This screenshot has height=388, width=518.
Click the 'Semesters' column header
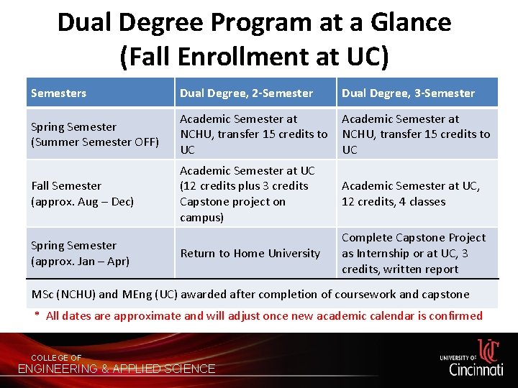58,93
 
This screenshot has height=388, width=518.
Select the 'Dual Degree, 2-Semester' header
246,93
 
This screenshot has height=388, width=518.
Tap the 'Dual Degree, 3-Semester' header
408,93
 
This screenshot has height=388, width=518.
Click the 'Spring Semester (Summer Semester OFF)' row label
95,134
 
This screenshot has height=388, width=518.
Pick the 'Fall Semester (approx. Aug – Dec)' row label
83,193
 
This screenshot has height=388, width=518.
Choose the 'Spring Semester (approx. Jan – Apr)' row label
80,253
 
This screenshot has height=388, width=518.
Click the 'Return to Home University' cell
250,253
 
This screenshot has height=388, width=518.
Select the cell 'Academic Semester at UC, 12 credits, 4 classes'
410,194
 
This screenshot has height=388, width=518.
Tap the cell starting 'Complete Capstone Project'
413,253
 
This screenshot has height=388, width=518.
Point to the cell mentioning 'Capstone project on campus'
247,194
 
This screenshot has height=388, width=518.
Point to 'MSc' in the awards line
42,294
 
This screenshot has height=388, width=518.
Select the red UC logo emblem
489,351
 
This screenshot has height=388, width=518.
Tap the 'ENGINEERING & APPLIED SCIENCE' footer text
117,369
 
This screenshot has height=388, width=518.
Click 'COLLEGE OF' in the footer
56,358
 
